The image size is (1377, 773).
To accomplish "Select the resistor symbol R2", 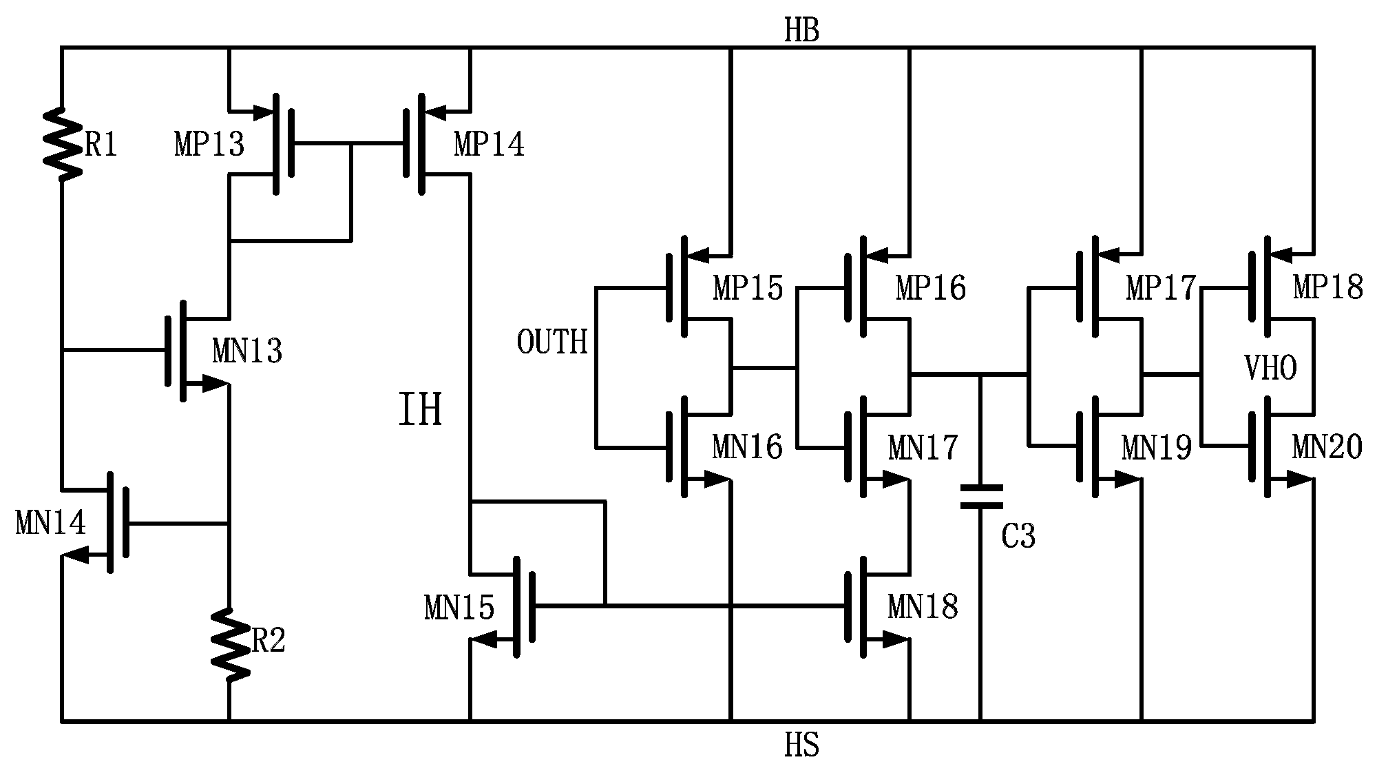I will pyautogui.click(x=229, y=644).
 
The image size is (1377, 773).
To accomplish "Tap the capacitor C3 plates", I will pyautogui.click(x=981, y=496).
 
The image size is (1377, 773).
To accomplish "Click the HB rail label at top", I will pyautogui.click(x=801, y=31).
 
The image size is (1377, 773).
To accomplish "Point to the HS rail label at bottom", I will pyautogui.click(x=801, y=745).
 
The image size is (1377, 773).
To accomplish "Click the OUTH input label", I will pyautogui.click(x=552, y=342).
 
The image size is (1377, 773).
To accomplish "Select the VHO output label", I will pyautogui.click(x=1270, y=369).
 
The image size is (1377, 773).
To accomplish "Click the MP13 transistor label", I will pyautogui.click(x=209, y=145).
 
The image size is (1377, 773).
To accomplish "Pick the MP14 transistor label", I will pyautogui.click(x=489, y=145).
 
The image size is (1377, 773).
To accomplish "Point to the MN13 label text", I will pyautogui.click(x=247, y=351).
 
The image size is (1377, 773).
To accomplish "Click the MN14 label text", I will pyautogui.click(x=50, y=524).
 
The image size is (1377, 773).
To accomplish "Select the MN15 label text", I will pyautogui.click(x=459, y=608).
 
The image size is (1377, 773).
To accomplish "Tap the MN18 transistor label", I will pyautogui.click(x=923, y=607).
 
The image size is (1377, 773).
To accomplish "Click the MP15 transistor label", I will pyautogui.click(x=748, y=288).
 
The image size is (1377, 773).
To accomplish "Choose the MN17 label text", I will pyautogui.click(x=923, y=448).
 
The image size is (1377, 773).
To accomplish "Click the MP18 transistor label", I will pyautogui.click(x=1327, y=287).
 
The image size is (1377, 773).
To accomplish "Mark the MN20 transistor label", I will pyautogui.click(x=1327, y=448).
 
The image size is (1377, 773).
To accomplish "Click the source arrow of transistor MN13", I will pyautogui.click(x=215, y=384).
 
